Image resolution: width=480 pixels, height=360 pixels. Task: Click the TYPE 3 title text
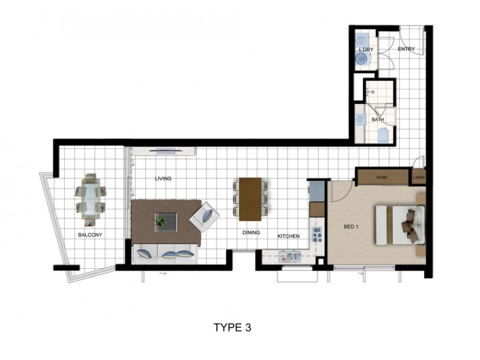point(232,328)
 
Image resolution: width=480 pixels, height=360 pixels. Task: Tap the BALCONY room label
point(90,235)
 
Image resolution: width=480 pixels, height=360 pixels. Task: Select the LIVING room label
point(163,179)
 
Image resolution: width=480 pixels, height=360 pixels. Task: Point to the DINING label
point(251,232)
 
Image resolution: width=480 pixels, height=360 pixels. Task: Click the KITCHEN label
point(288,236)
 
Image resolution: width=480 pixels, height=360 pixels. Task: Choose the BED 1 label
point(352,227)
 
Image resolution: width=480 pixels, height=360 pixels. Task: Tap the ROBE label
point(382,178)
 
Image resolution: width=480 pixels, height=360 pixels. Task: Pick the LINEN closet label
point(418,178)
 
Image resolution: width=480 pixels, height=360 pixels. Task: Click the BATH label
point(377,119)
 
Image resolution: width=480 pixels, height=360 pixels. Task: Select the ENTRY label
point(406,49)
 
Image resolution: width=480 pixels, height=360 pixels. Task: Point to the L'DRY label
point(366,49)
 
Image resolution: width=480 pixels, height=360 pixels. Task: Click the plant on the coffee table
point(160,221)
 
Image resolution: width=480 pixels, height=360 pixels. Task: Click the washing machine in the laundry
point(362,59)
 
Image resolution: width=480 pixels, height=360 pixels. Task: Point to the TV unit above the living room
point(163,151)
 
